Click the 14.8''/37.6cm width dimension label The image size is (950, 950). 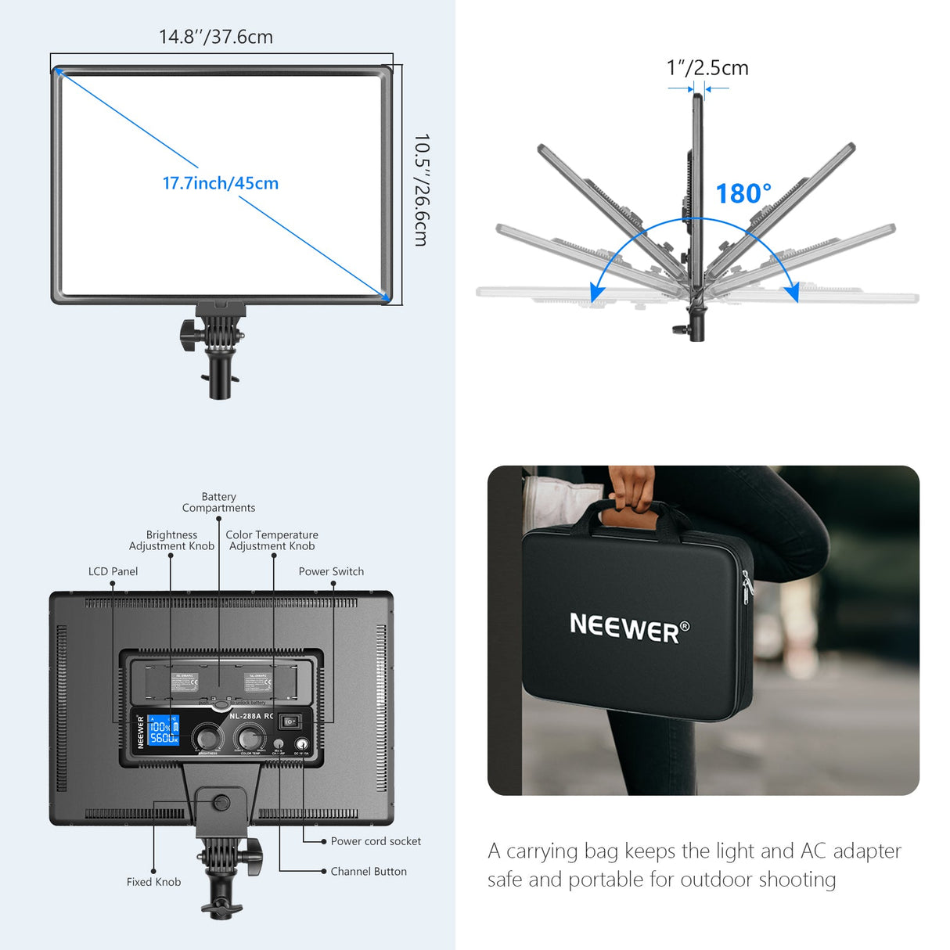tap(216, 37)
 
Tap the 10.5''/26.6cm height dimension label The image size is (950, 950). tap(422, 190)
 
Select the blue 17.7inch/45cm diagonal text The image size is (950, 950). tap(221, 183)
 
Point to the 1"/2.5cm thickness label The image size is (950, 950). tap(707, 68)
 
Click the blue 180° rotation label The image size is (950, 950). tap(743, 193)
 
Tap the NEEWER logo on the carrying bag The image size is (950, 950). tap(629, 627)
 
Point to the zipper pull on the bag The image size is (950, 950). tap(745, 588)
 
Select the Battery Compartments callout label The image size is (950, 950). tap(219, 502)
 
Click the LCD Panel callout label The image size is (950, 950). tap(113, 571)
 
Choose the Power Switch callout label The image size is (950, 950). tap(331, 571)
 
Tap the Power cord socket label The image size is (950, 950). tap(376, 841)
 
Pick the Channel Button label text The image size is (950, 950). tap(369, 871)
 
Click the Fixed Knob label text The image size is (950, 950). tap(153, 882)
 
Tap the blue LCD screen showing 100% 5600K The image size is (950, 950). tap(164, 730)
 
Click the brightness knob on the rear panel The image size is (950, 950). tap(207, 738)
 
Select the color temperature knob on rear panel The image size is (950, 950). tap(250, 737)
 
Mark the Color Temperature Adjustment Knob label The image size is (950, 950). tap(272, 541)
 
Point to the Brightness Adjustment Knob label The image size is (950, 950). tap(171, 541)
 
